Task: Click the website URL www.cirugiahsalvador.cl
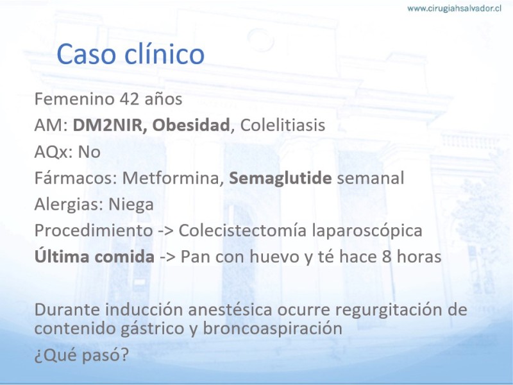(454, 8)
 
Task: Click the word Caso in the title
(87, 54)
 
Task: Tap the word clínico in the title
(165, 53)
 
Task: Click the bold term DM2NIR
(107, 125)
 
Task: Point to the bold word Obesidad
(191, 125)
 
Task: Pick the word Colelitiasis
(283, 125)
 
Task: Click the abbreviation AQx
(51, 152)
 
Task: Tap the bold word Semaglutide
(280, 178)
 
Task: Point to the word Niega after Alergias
(131, 205)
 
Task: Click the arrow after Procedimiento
(166, 231)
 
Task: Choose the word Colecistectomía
(242, 230)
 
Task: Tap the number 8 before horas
(387, 257)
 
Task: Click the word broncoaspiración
(273, 329)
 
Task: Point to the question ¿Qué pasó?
(81, 355)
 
